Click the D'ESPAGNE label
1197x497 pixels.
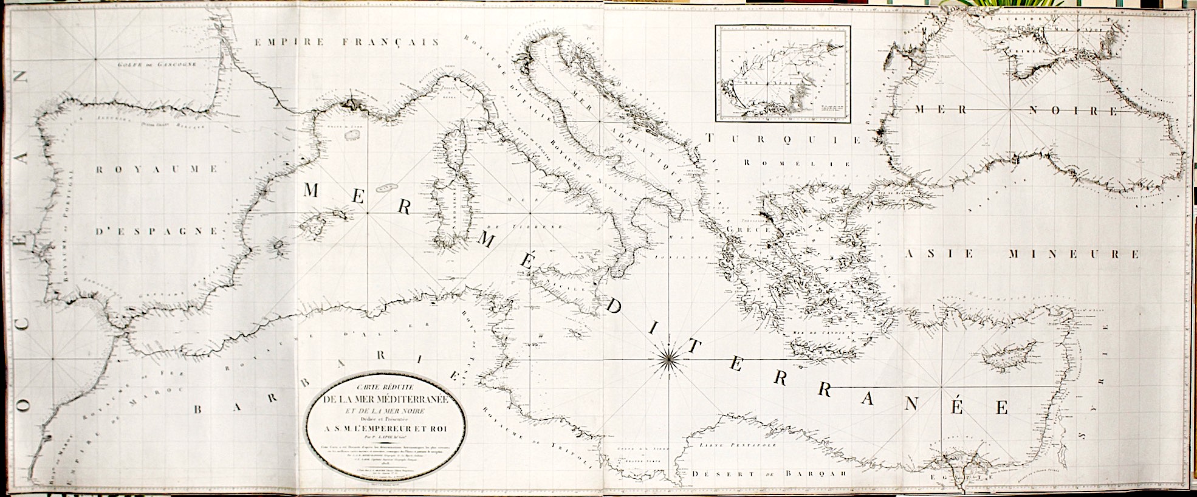tap(157, 231)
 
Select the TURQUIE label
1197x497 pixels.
tap(784, 140)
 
